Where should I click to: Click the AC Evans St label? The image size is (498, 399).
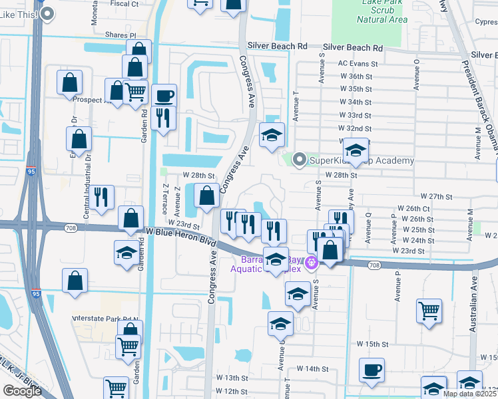pyautogui.click(x=358, y=65)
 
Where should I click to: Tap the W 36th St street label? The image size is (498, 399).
pyautogui.click(x=356, y=76)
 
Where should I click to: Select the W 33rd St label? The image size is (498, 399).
pyautogui.click(x=355, y=114)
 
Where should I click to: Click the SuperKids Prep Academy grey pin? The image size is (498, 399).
pyautogui.click(x=300, y=159)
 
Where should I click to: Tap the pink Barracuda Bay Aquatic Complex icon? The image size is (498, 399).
pyautogui.click(x=310, y=265)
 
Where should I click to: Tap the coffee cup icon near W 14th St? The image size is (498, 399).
pyautogui.click(x=372, y=370)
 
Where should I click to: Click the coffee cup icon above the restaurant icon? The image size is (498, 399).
pyautogui.click(x=164, y=95)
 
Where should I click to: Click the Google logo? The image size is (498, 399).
pyautogui.click(x=22, y=391)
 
